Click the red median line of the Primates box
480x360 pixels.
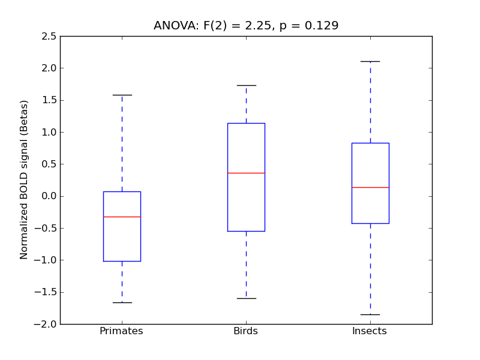tap(122, 217)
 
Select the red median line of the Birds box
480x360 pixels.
tap(246, 173)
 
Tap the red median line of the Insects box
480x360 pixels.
tap(370, 187)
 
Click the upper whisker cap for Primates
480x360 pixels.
tap(122, 95)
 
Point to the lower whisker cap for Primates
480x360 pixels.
tap(122, 302)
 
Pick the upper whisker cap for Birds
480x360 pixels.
tap(246, 85)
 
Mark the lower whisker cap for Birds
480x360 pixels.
tap(246, 298)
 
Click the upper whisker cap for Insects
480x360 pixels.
tap(370, 61)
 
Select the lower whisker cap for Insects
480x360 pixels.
tap(370, 314)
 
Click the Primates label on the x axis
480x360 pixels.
tap(121, 331)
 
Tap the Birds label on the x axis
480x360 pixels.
tap(245, 331)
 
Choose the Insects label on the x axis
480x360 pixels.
tap(370, 331)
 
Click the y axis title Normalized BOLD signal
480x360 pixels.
tap(25, 180)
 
